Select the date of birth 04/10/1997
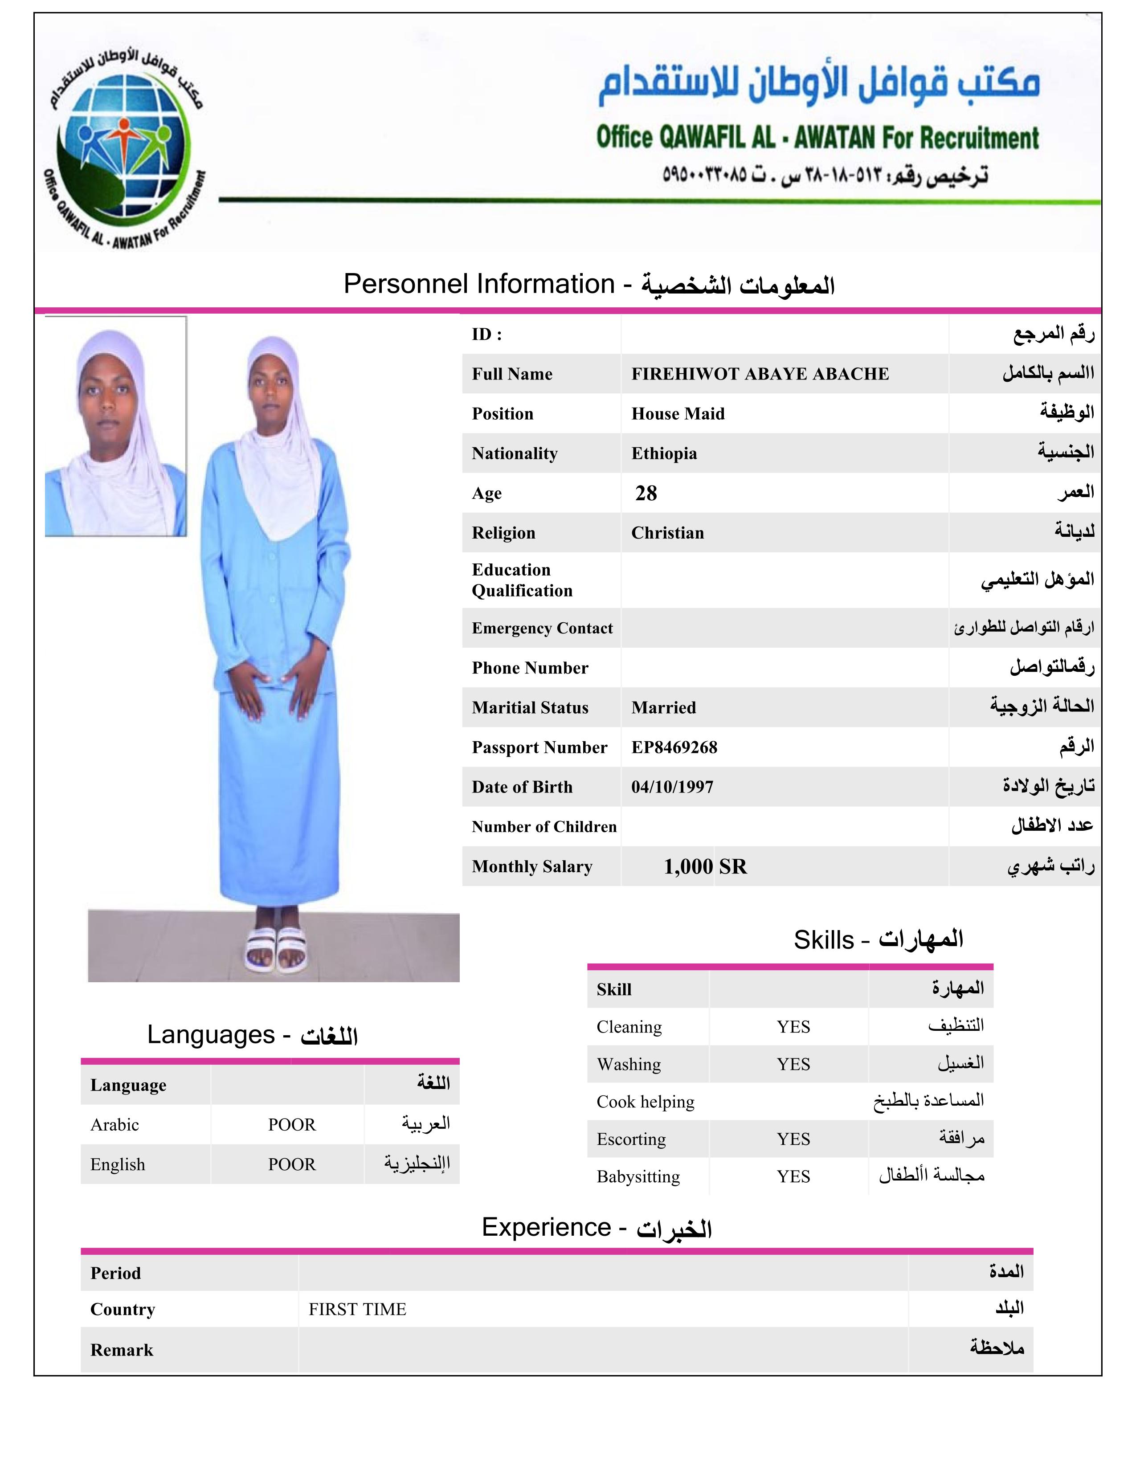[x=672, y=787]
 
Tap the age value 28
[x=646, y=494]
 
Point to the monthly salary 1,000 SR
[x=705, y=866]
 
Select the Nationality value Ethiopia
[x=664, y=453]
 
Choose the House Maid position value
[x=678, y=414]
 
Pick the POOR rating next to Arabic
[x=291, y=1125]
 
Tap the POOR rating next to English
[x=291, y=1164]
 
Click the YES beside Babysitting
[x=793, y=1176]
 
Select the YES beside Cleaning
[x=793, y=1027]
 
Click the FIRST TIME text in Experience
[x=357, y=1309]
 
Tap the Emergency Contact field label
[x=542, y=628]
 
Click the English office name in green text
[x=817, y=138]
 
